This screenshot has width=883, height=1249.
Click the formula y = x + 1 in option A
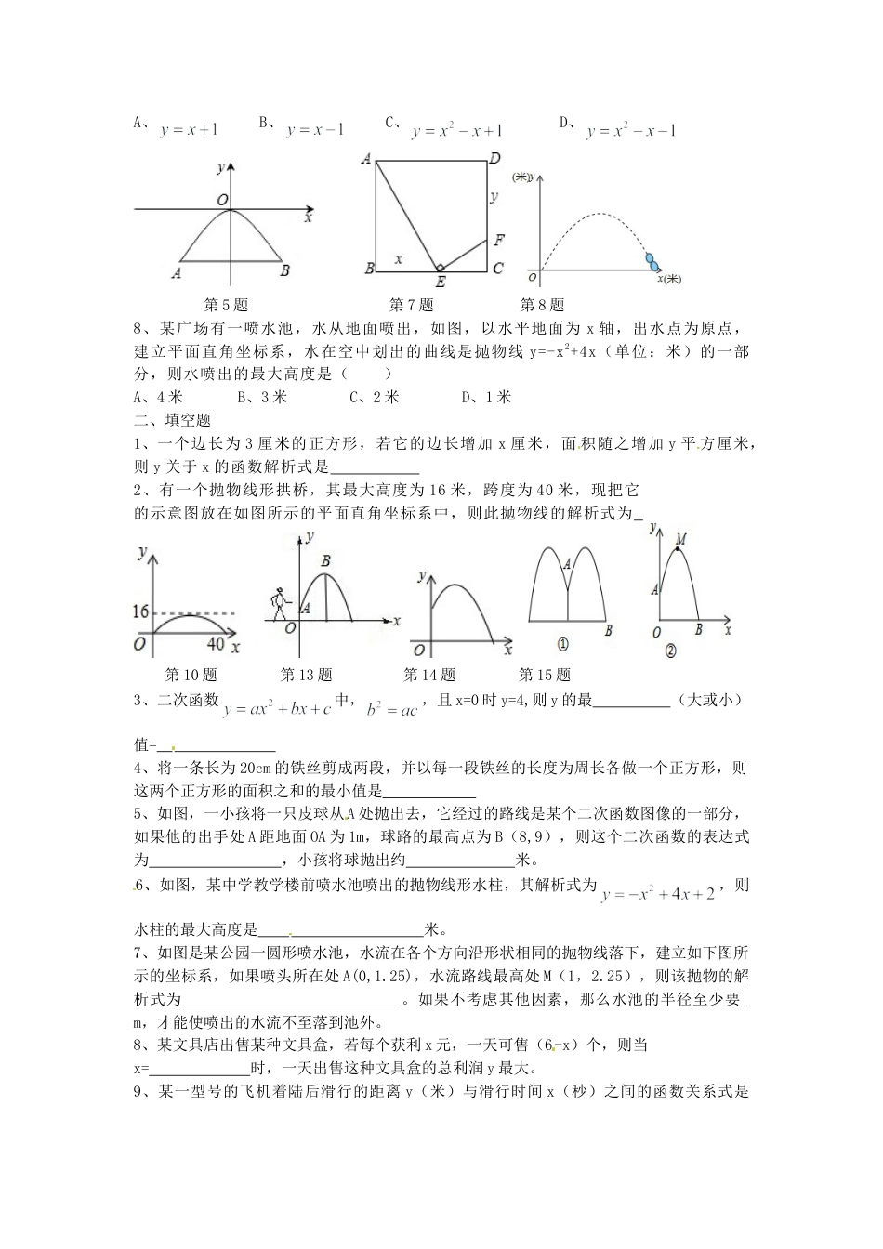189,131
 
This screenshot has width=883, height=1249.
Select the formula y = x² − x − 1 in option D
631,131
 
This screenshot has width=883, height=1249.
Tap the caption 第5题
226,304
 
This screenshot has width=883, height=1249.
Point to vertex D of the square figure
495,159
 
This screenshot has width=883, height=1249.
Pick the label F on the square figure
499,241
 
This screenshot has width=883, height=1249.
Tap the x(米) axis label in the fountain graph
668,279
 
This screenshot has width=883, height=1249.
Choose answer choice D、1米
487,397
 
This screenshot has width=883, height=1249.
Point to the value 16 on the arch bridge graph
141,611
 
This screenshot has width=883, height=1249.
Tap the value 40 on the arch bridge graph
215,644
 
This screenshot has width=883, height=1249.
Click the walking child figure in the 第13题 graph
277,602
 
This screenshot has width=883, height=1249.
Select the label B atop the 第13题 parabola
325,561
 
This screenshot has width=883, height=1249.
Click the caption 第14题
429,675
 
